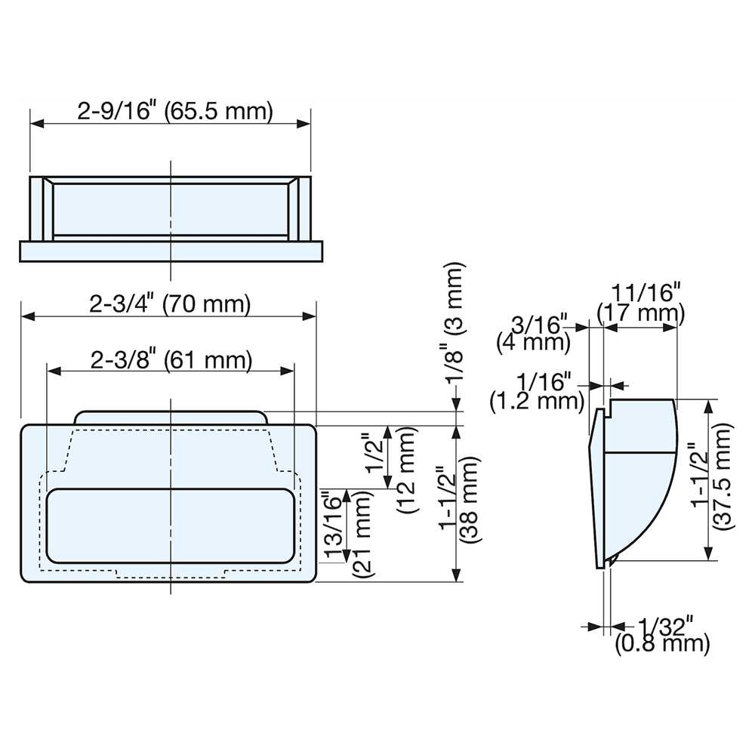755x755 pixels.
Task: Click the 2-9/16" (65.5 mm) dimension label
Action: pos(174,112)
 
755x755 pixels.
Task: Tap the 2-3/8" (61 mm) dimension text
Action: pos(170,360)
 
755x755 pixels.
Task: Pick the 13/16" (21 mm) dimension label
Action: pos(347,535)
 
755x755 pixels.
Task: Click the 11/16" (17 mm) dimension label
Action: pos(640,301)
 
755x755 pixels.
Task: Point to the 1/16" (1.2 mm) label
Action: pos(537,390)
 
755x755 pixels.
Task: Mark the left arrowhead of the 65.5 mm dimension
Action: pos(35,123)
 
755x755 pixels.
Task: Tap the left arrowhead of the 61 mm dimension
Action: pos(52,371)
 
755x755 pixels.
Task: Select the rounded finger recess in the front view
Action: pos(170,525)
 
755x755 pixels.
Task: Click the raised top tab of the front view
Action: pos(171,418)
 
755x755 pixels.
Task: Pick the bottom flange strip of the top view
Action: pos(171,250)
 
